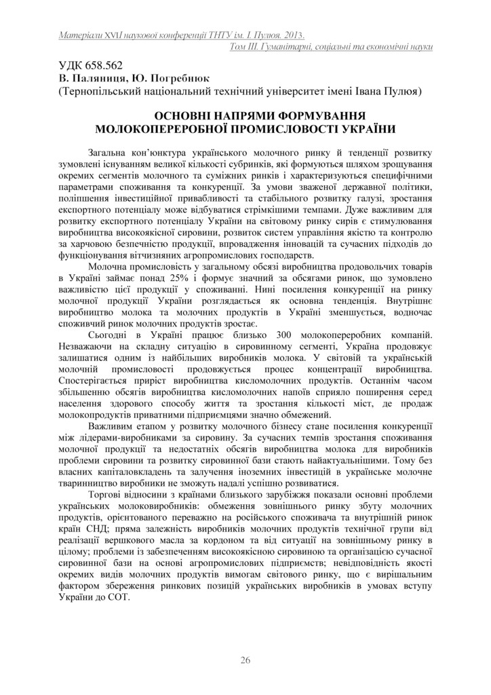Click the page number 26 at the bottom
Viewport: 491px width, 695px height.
click(x=245, y=660)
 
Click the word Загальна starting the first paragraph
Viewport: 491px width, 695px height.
click(x=113, y=153)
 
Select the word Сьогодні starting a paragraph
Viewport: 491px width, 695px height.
click(x=111, y=337)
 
